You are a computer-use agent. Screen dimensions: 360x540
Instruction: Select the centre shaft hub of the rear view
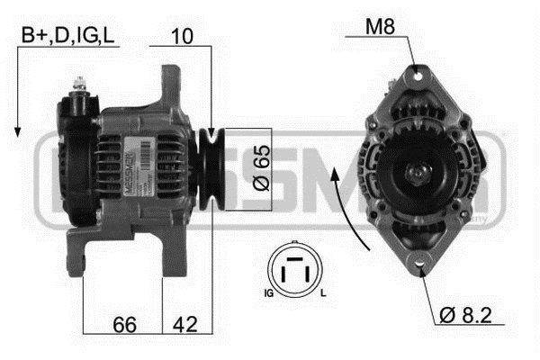click(419, 171)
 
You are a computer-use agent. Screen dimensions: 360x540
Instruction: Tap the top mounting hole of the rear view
click(415, 71)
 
